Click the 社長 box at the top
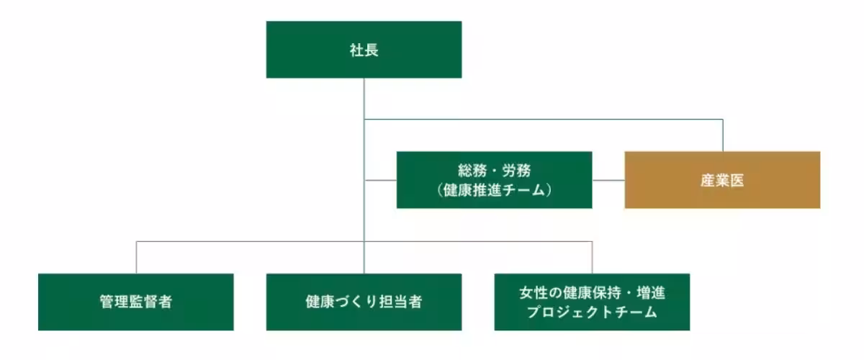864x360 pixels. [x=364, y=49]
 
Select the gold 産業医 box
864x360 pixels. [x=722, y=179]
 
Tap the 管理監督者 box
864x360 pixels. [x=135, y=302]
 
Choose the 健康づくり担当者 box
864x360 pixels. [x=364, y=302]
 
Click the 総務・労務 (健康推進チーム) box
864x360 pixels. [x=494, y=179]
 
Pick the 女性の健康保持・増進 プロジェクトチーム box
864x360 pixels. [x=592, y=302]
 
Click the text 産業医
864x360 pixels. [x=722, y=180]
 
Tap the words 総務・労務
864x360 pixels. [x=494, y=171]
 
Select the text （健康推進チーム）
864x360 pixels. [x=494, y=189]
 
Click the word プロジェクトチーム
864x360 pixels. [x=592, y=312]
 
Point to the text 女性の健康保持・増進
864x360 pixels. [x=592, y=293]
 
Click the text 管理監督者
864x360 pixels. [x=135, y=302]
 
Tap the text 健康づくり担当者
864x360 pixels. [x=364, y=302]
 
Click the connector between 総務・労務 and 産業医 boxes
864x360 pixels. [x=608, y=180]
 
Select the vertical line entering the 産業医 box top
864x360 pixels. [x=723, y=135]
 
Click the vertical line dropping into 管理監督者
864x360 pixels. [x=136, y=258]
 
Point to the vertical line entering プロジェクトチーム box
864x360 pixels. [x=592, y=258]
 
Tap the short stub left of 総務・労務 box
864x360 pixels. [x=380, y=180]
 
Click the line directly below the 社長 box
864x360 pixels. [x=364, y=97]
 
